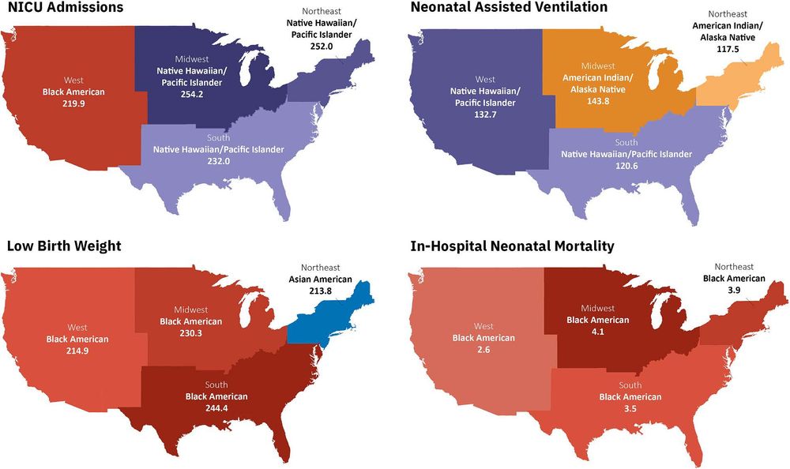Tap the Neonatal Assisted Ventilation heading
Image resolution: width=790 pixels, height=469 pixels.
pos(509,8)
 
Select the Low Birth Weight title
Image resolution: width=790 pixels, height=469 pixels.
pos(63,246)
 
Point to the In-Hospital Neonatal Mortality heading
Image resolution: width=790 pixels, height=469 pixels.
pos(512,246)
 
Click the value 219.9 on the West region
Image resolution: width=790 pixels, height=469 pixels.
pos(74,103)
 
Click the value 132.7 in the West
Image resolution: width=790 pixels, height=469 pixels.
pos(484,115)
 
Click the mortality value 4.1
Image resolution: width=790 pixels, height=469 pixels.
pos(598,332)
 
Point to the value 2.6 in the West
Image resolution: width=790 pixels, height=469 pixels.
pos(483,350)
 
